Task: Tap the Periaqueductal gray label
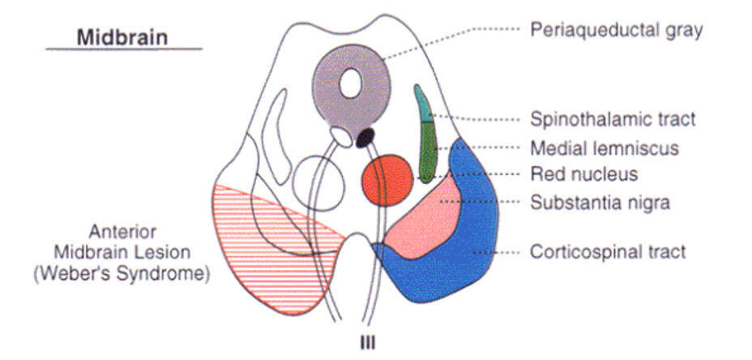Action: pyautogui.click(x=615, y=31)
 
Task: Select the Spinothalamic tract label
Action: pyautogui.click(x=613, y=119)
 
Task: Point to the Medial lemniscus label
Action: pyautogui.click(x=604, y=148)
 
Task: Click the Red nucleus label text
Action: pyautogui.click(x=583, y=174)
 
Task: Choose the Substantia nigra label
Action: pyautogui.click(x=600, y=202)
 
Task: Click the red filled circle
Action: pyautogui.click(x=385, y=179)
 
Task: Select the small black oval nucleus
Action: pyautogui.click(x=366, y=135)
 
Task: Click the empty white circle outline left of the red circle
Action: pyautogui.click(x=313, y=178)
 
